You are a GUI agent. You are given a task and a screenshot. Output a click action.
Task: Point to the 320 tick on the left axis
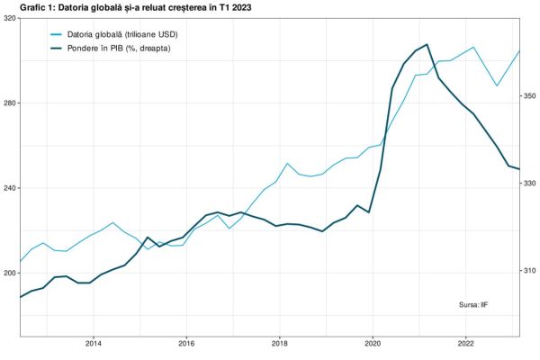(9, 18)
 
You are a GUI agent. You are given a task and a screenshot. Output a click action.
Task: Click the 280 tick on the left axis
(9, 103)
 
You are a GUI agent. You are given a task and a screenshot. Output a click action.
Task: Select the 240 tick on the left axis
(9, 188)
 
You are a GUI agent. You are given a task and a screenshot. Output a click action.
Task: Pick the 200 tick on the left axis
(9, 273)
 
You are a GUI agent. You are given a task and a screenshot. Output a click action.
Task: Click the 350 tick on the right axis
(530, 95)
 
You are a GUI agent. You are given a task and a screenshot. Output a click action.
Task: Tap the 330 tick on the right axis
(530, 183)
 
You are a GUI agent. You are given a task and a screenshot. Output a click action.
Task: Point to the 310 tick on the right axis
(530, 270)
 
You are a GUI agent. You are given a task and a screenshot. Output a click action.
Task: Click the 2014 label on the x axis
(94, 343)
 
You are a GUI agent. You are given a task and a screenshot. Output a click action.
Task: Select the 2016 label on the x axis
(186, 343)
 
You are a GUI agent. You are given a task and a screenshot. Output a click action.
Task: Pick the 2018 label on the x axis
(280, 343)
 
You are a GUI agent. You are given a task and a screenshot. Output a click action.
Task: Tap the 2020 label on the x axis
(373, 343)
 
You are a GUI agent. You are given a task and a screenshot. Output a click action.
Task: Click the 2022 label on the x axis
(466, 343)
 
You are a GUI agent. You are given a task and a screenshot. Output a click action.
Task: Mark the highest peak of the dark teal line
(427, 44)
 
